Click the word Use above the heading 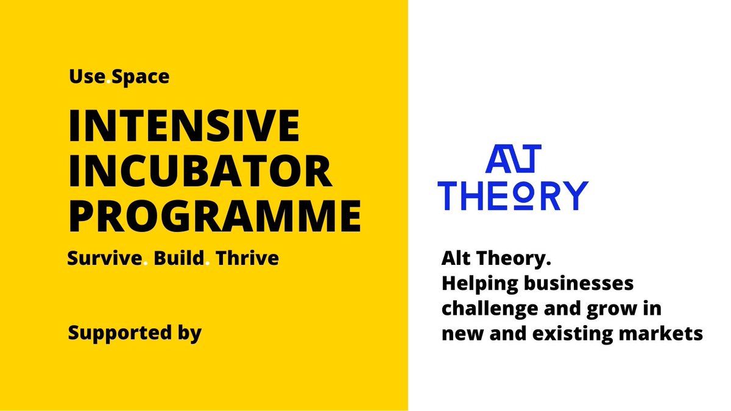(87, 77)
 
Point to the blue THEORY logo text (514, 195)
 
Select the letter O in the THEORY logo (531, 195)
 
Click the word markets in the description (670, 333)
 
